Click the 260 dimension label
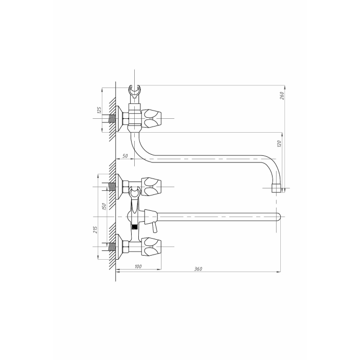[282, 95]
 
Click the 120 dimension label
[279, 143]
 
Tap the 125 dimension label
[99, 110]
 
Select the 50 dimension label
[125, 156]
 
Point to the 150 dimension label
[104, 207]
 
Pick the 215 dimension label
[96, 229]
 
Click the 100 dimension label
[138, 266]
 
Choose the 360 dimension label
[198, 269]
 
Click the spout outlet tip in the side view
[276, 188]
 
